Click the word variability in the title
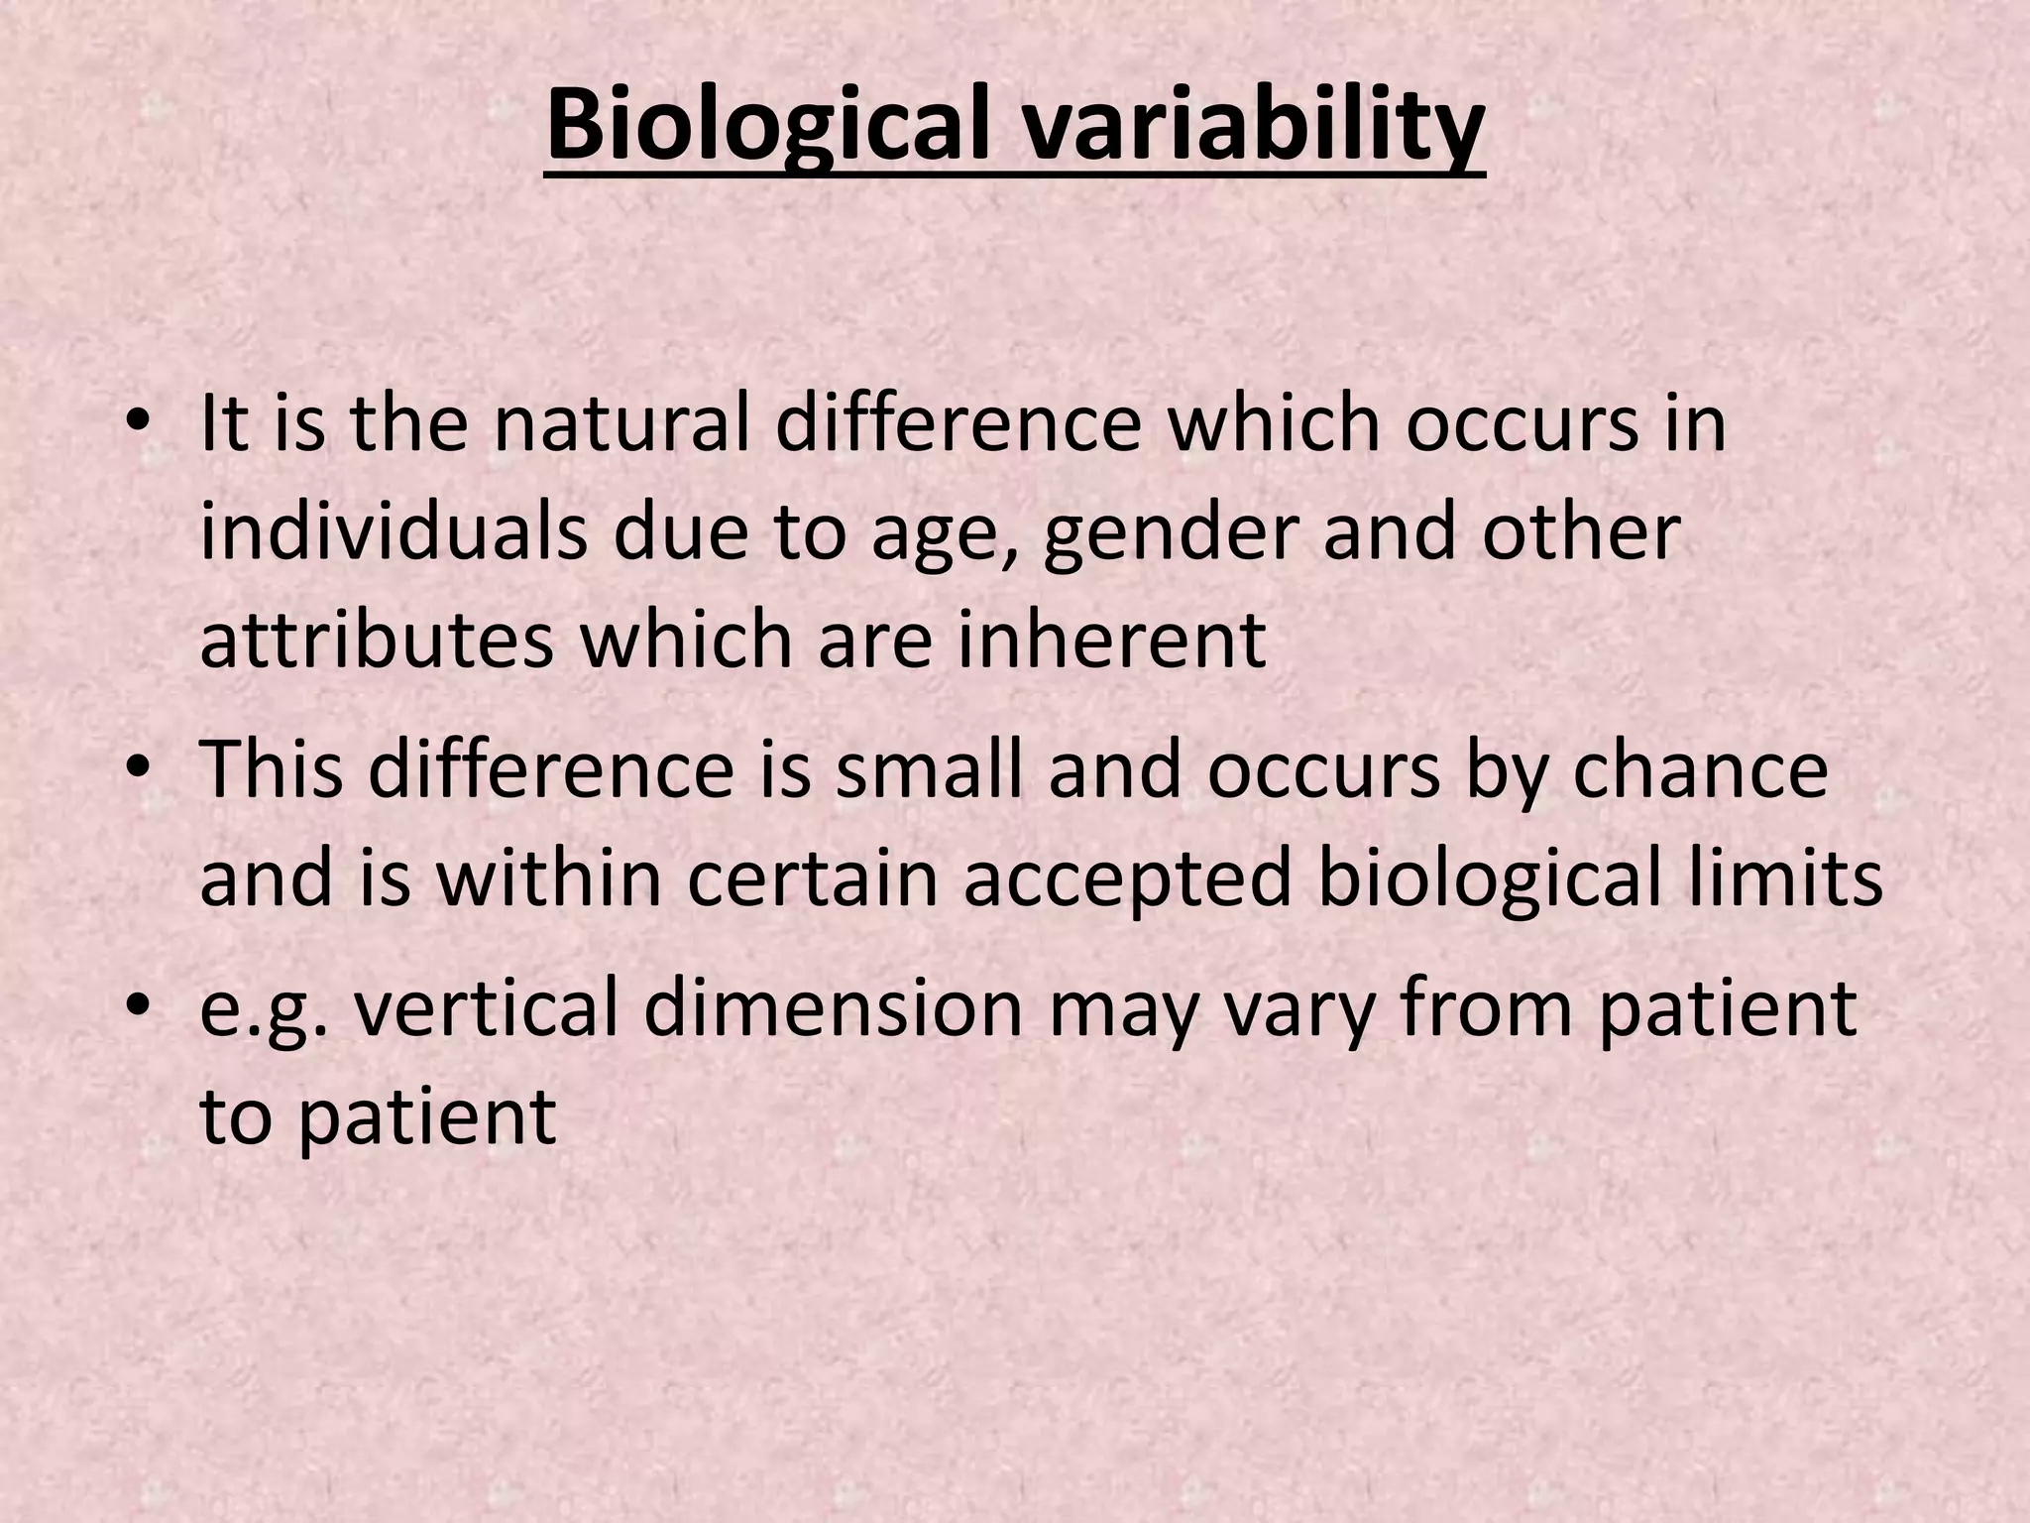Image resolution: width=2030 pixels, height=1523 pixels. (x=1253, y=126)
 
